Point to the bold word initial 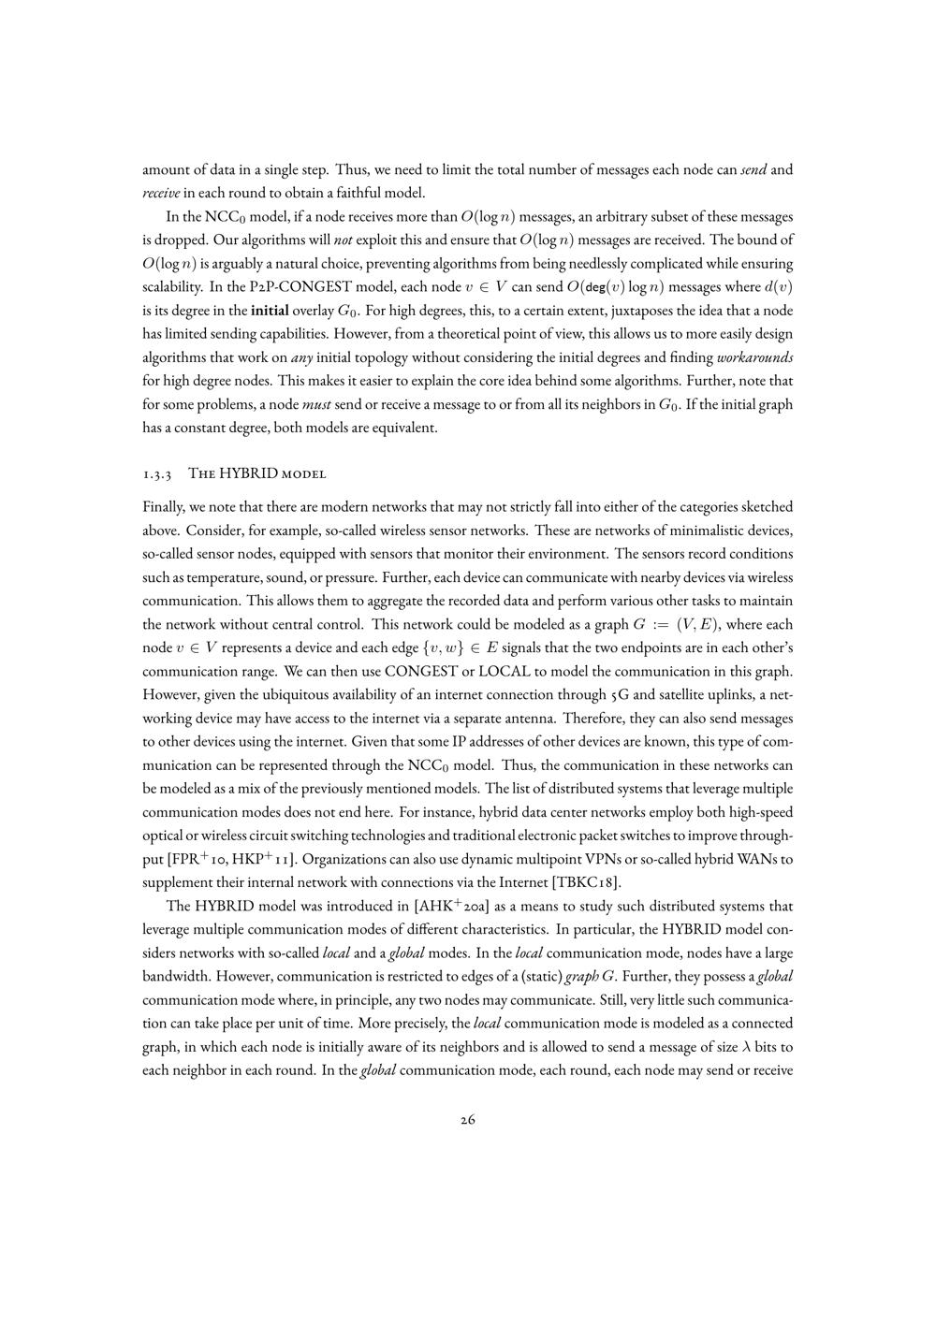coord(271,311)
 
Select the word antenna coord(583,718)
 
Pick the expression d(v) coord(778,287)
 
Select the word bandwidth coord(173,976)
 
